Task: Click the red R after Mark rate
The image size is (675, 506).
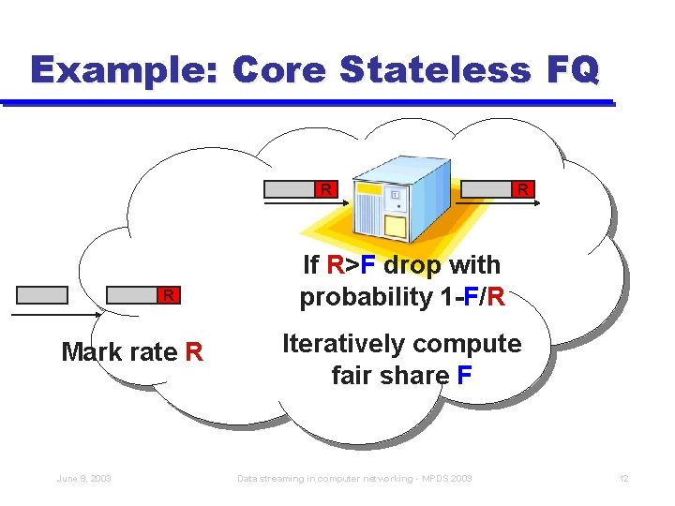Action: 194,352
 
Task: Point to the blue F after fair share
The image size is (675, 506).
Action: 465,376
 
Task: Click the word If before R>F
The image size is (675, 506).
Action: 312,266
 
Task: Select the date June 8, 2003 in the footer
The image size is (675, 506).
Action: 83,479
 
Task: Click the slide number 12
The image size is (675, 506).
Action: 623,479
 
